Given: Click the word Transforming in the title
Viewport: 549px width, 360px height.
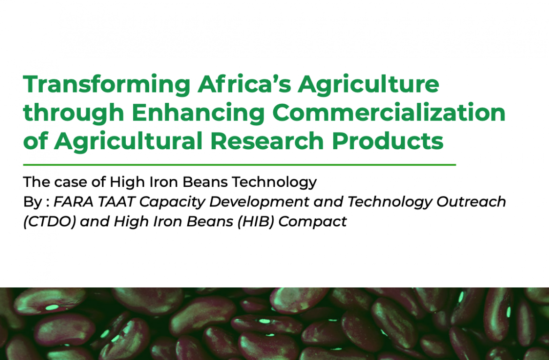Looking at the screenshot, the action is coord(107,85).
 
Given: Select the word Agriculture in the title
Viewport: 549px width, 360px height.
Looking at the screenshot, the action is coord(368,85).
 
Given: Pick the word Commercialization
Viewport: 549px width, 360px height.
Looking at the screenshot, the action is coord(389,112).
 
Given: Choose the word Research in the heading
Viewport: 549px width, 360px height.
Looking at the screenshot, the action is coord(267,141).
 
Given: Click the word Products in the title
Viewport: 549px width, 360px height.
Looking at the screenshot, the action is coord(388,141).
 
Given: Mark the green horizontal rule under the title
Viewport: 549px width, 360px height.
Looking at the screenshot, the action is coord(239,164).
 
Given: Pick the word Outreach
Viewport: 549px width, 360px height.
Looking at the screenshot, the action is coord(471,202).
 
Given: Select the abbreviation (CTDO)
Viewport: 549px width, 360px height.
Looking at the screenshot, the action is coord(49,222).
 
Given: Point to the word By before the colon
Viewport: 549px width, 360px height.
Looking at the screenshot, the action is coord(32,202).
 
